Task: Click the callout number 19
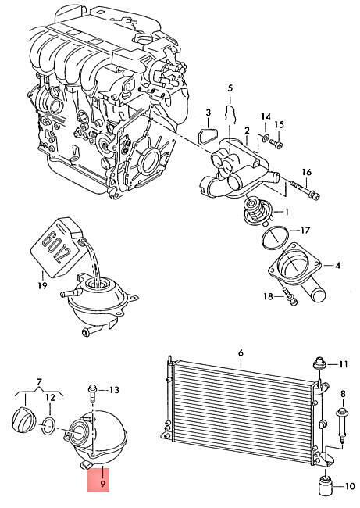[x=43, y=285]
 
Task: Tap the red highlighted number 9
[x=102, y=484]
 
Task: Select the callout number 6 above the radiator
[x=241, y=352]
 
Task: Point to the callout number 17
[x=305, y=230]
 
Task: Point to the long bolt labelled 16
[x=305, y=190]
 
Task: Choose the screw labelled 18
[x=290, y=296]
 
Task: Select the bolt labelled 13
[x=91, y=393]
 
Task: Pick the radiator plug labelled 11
[x=319, y=364]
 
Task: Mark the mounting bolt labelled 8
[x=341, y=425]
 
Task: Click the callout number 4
[x=337, y=266]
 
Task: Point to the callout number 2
[x=247, y=131]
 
